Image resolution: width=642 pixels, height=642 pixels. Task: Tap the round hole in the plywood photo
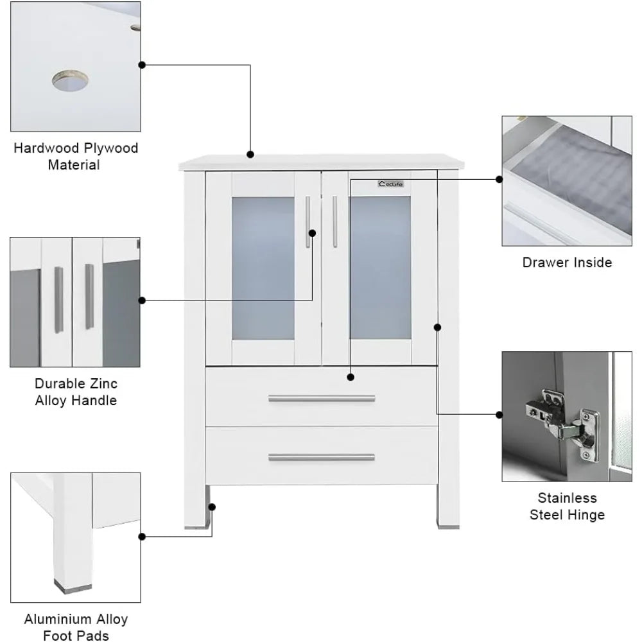(71, 82)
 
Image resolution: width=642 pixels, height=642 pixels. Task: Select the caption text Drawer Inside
(566, 262)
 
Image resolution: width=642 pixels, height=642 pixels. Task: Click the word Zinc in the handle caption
(103, 384)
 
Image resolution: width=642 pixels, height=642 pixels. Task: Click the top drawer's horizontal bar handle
(321, 399)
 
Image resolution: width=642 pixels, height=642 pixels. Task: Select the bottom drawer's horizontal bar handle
(321, 458)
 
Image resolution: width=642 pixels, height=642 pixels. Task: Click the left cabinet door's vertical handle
(308, 221)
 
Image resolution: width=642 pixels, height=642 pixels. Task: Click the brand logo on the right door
(390, 184)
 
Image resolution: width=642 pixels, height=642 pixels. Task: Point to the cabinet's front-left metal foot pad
(194, 525)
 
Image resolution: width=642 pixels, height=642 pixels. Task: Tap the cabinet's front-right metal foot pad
(447, 525)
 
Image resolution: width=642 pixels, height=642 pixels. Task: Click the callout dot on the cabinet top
(250, 154)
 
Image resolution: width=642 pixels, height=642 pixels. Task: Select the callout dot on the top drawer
(351, 376)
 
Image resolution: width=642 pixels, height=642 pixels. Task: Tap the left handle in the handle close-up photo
(59, 300)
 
